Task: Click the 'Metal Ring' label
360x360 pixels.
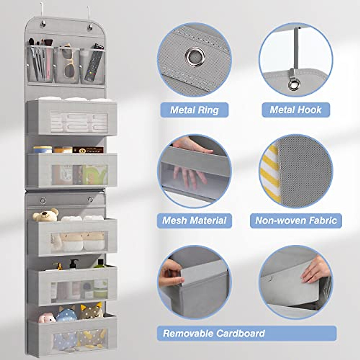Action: [194, 110]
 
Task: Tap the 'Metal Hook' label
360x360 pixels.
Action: [295, 110]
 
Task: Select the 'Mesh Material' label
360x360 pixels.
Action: [194, 221]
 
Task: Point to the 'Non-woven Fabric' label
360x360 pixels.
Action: [296, 221]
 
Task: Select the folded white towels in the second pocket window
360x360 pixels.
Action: [79, 121]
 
